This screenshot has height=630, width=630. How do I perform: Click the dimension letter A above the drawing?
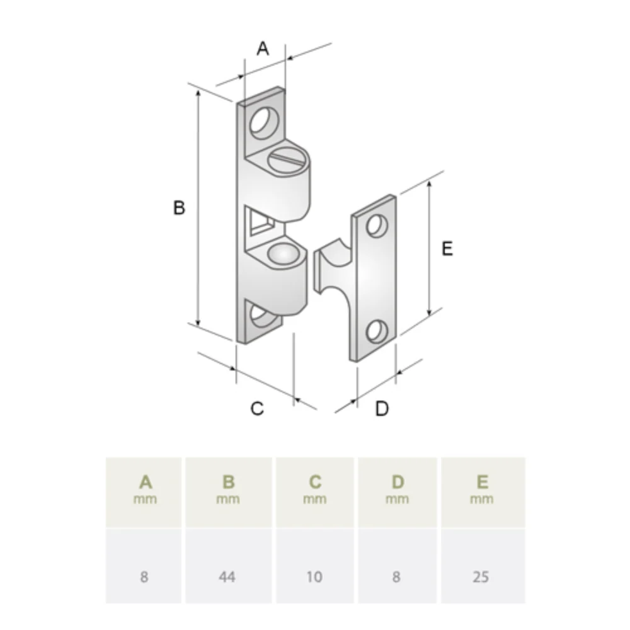[x=262, y=49]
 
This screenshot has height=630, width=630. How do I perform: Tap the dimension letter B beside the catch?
[x=179, y=208]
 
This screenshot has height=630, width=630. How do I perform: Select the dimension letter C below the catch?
[x=257, y=408]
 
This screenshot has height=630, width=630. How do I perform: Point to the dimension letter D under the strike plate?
[x=382, y=408]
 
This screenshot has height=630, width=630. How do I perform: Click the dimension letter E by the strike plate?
[x=447, y=248]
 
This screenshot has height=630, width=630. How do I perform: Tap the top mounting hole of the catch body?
[x=265, y=123]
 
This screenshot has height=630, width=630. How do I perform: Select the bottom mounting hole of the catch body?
[x=263, y=316]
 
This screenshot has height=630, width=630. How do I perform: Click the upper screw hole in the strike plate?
[x=377, y=226]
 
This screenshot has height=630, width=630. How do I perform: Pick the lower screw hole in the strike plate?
[x=377, y=332]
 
